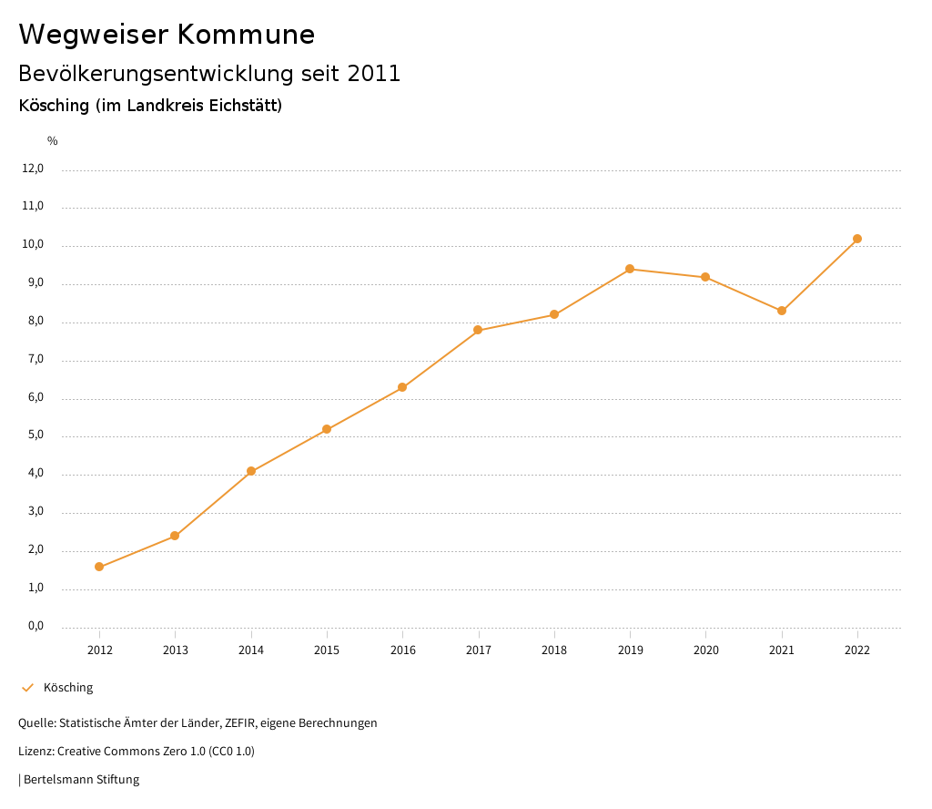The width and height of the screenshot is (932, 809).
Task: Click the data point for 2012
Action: (99, 567)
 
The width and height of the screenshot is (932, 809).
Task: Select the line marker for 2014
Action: (251, 471)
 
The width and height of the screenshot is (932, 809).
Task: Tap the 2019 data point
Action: (630, 269)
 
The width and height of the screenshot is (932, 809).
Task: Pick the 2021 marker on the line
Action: (782, 311)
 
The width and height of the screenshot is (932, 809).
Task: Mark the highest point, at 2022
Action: (857, 239)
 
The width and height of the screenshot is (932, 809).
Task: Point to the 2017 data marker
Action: (478, 330)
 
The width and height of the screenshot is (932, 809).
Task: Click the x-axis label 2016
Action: (402, 650)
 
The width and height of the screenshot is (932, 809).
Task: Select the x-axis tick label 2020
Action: (705, 650)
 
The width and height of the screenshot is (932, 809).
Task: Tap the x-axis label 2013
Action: (175, 650)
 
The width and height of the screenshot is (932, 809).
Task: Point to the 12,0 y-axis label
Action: (33, 169)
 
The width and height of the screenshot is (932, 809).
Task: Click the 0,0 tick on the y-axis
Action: (35, 627)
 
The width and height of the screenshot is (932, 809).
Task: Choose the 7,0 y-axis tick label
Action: (35, 360)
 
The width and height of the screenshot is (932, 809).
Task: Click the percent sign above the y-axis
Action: (53, 141)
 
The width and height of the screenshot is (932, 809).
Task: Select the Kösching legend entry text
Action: (68, 688)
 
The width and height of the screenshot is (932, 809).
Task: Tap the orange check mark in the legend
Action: (27, 688)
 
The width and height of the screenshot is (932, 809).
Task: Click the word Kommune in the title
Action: (246, 35)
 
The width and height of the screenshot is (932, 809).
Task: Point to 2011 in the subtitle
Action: (374, 74)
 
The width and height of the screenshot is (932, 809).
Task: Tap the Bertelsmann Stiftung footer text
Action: (81, 780)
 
